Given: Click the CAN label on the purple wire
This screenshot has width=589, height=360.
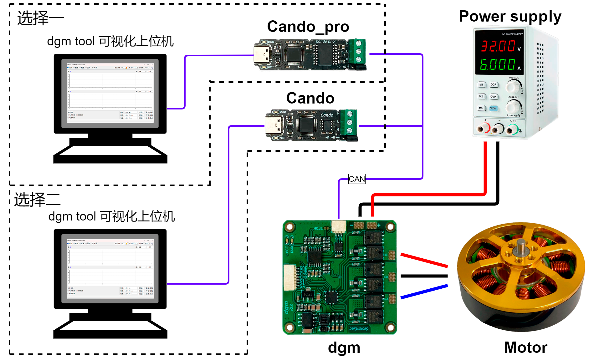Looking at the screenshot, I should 357,179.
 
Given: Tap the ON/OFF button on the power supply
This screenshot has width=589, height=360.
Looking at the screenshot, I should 493,108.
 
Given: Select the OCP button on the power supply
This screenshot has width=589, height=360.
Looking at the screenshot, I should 493,84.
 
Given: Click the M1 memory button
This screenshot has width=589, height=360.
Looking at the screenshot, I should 481,84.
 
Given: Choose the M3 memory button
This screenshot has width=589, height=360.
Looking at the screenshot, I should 481,108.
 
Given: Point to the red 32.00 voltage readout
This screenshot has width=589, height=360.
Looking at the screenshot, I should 498,46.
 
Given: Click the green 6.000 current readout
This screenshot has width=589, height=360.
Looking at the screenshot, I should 497,64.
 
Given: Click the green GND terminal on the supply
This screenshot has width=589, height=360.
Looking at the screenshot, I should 512,129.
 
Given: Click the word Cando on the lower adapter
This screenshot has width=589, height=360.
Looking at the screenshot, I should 327,115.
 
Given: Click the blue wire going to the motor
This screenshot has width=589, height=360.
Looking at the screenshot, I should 424,291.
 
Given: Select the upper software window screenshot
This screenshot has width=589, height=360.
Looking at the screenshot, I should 110,93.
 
